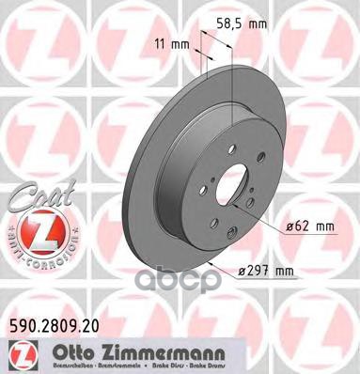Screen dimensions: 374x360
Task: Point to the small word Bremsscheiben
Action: [x=58, y=363]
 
